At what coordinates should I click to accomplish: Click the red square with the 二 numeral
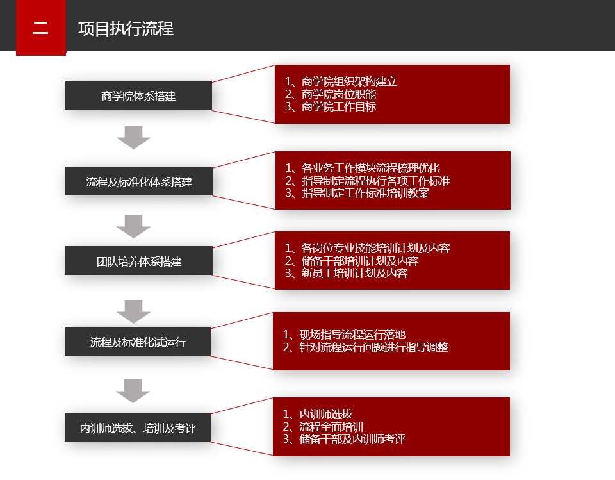(x=41, y=28)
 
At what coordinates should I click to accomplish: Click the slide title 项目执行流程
(x=126, y=29)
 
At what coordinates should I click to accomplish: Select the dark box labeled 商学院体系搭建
(x=138, y=95)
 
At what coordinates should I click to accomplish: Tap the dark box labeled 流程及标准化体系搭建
(x=139, y=181)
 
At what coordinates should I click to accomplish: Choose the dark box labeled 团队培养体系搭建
(x=138, y=261)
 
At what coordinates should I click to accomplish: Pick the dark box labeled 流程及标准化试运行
(x=138, y=342)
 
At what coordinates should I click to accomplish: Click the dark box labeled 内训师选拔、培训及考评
(x=138, y=427)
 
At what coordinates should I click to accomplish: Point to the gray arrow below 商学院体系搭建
(x=133, y=137)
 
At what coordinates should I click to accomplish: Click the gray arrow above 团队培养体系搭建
(x=133, y=226)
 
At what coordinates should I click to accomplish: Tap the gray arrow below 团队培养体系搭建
(x=133, y=311)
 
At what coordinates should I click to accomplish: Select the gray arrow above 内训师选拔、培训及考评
(x=133, y=391)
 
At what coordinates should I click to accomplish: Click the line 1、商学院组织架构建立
(x=341, y=81)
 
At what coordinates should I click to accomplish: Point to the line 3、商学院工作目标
(x=331, y=107)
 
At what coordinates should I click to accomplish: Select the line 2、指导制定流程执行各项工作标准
(x=368, y=181)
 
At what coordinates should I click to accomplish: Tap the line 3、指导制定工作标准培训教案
(x=357, y=193)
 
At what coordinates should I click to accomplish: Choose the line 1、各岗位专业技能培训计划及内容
(x=367, y=249)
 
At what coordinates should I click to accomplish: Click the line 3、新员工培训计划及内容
(x=346, y=273)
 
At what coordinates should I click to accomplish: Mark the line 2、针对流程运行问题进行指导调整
(x=365, y=347)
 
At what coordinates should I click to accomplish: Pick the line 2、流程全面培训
(x=323, y=427)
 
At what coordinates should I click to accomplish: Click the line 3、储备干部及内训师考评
(x=344, y=439)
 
